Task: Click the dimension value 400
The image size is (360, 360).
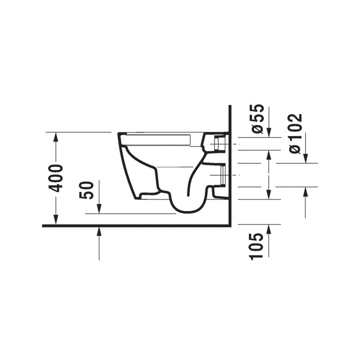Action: (x=55, y=178)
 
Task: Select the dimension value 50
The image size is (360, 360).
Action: (x=86, y=190)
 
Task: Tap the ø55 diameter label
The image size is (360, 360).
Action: (x=257, y=119)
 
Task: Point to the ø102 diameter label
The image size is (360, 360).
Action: (x=296, y=134)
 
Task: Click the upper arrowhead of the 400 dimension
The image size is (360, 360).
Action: (x=55, y=137)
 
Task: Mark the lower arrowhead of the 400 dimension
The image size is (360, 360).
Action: (x=55, y=219)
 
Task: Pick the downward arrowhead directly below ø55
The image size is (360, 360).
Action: (x=269, y=133)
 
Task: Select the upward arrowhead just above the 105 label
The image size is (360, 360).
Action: (x=269, y=230)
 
